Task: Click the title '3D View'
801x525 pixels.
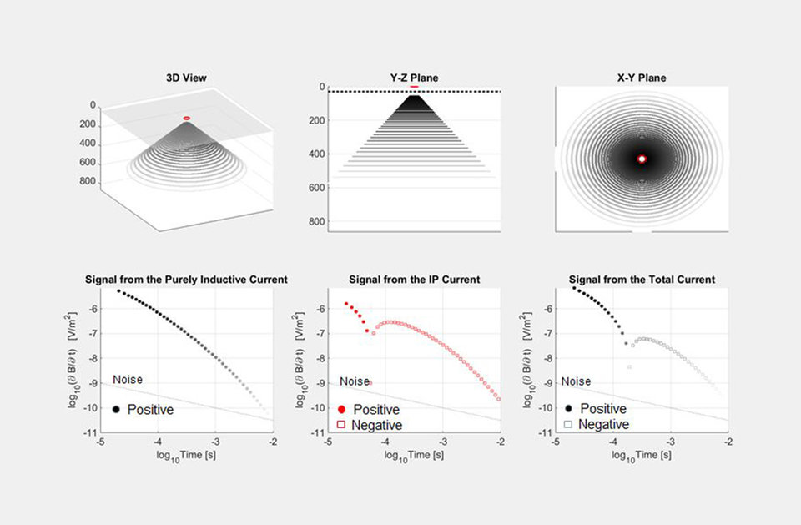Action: point(186,78)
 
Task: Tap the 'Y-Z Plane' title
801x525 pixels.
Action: point(415,78)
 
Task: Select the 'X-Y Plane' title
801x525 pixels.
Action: point(642,78)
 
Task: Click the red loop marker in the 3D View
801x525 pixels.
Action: point(187,118)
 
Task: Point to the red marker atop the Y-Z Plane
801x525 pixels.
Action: point(415,86)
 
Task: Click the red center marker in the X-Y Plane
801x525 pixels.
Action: point(642,159)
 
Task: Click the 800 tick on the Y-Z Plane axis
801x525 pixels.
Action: point(316,222)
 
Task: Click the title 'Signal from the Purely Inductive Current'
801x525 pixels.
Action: point(186,279)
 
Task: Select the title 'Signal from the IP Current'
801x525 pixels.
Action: point(415,279)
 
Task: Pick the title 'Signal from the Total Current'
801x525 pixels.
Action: point(642,279)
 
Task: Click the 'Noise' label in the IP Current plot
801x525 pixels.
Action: point(355,381)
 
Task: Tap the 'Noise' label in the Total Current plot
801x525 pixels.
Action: point(576,381)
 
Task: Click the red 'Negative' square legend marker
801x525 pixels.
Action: point(341,425)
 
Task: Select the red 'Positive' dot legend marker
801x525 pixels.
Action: point(341,410)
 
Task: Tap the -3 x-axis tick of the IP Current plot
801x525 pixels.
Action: point(443,442)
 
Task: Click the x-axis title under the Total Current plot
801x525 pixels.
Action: point(642,456)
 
